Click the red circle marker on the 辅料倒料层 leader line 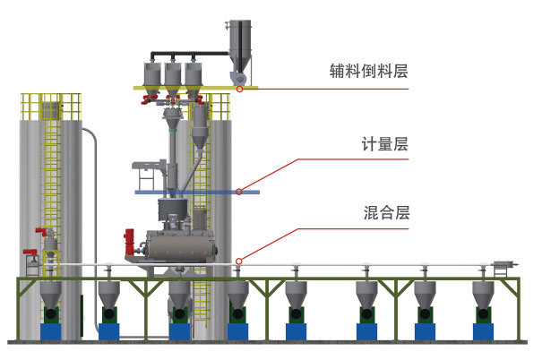pyautogui.click(x=240, y=89)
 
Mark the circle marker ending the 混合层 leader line pyautogui.click(x=238, y=260)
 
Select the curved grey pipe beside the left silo pyautogui.click(x=89, y=179)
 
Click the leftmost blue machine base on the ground pyautogui.click(x=51, y=330)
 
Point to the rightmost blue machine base pyautogui.click(x=485, y=330)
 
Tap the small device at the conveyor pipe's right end pyautogui.click(x=504, y=265)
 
